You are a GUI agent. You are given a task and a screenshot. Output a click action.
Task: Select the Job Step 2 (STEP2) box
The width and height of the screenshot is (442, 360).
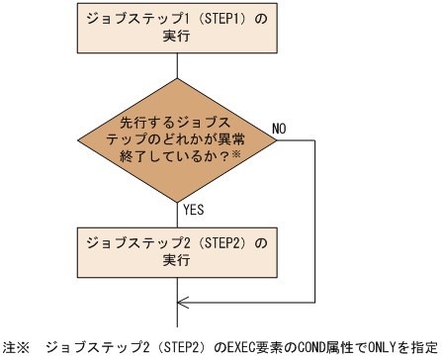pyautogui.click(x=176, y=251)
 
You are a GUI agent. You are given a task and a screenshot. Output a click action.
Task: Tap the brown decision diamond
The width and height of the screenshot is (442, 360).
pyautogui.click(x=176, y=139)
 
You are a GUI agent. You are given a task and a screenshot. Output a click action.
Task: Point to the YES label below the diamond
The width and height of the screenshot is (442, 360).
pyautogui.click(x=195, y=209)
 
